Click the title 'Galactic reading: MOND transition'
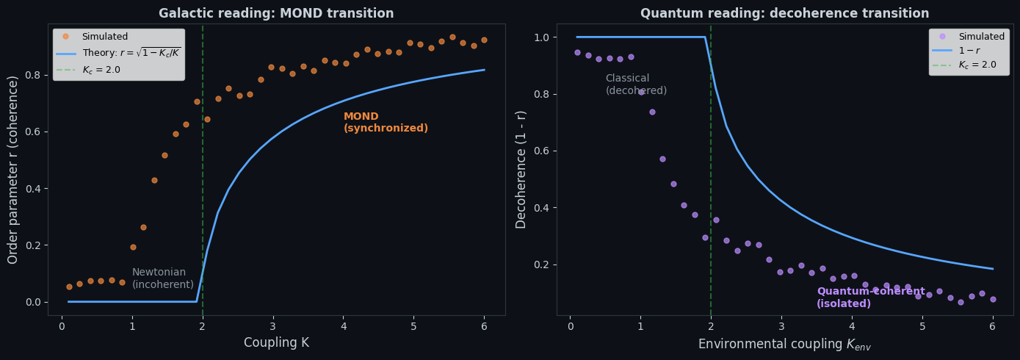point(276,13)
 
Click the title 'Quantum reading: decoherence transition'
point(784,13)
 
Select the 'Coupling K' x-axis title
point(276,342)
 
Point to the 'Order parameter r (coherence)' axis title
point(13,169)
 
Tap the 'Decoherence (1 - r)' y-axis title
point(521,169)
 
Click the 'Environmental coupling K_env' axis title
point(784,344)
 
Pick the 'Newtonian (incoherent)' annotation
point(163,278)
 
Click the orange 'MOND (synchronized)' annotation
point(386,123)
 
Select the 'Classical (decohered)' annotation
point(636,84)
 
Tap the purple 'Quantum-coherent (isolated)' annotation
point(870,298)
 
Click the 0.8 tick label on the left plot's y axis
point(33,75)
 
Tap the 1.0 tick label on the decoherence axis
point(541,37)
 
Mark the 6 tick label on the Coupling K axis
point(484,326)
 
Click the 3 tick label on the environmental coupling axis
point(781,326)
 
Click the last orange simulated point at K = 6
point(484,40)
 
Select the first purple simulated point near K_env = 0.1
point(577,52)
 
